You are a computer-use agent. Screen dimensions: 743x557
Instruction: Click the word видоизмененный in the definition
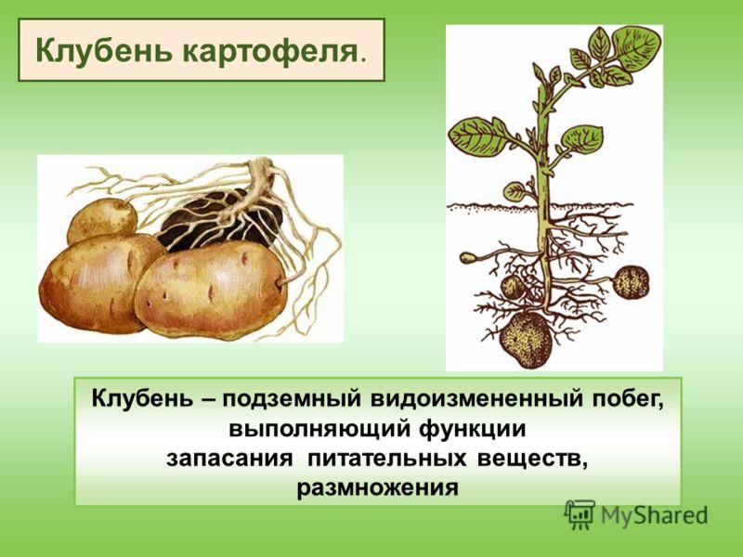[476, 399]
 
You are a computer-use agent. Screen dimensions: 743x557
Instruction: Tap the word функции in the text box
[473, 430]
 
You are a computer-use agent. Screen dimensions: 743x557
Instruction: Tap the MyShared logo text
[655, 515]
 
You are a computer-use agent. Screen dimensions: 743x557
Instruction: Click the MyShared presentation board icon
[580, 514]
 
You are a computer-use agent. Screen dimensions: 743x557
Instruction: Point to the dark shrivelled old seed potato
[219, 219]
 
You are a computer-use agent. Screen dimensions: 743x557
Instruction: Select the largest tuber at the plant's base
[527, 339]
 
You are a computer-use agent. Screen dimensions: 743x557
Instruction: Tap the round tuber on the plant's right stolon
[632, 282]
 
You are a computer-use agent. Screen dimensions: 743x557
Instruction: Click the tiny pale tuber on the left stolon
[467, 257]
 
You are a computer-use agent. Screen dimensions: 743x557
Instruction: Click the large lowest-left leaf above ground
[478, 136]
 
